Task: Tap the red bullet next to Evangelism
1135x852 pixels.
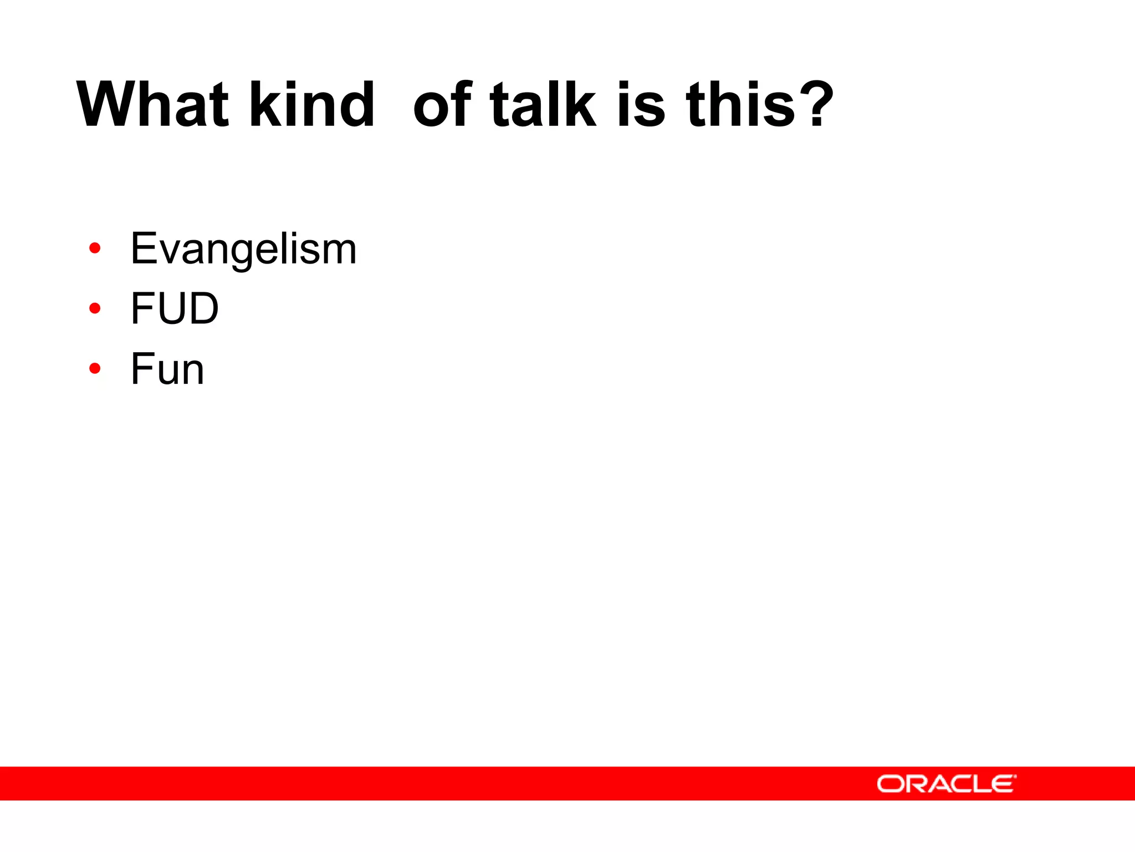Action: (95, 248)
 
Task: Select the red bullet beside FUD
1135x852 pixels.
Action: (95, 308)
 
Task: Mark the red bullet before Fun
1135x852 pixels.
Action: (95, 368)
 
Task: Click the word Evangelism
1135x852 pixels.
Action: (243, 249)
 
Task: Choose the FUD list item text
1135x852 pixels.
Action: (175, 308)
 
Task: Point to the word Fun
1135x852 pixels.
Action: (167, 369)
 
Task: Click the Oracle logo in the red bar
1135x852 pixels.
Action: (946, 784)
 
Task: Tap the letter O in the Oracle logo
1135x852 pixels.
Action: (890, 784)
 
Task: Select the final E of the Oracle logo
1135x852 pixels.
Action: (1003, 784)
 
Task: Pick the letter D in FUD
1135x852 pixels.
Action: (203, 308)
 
